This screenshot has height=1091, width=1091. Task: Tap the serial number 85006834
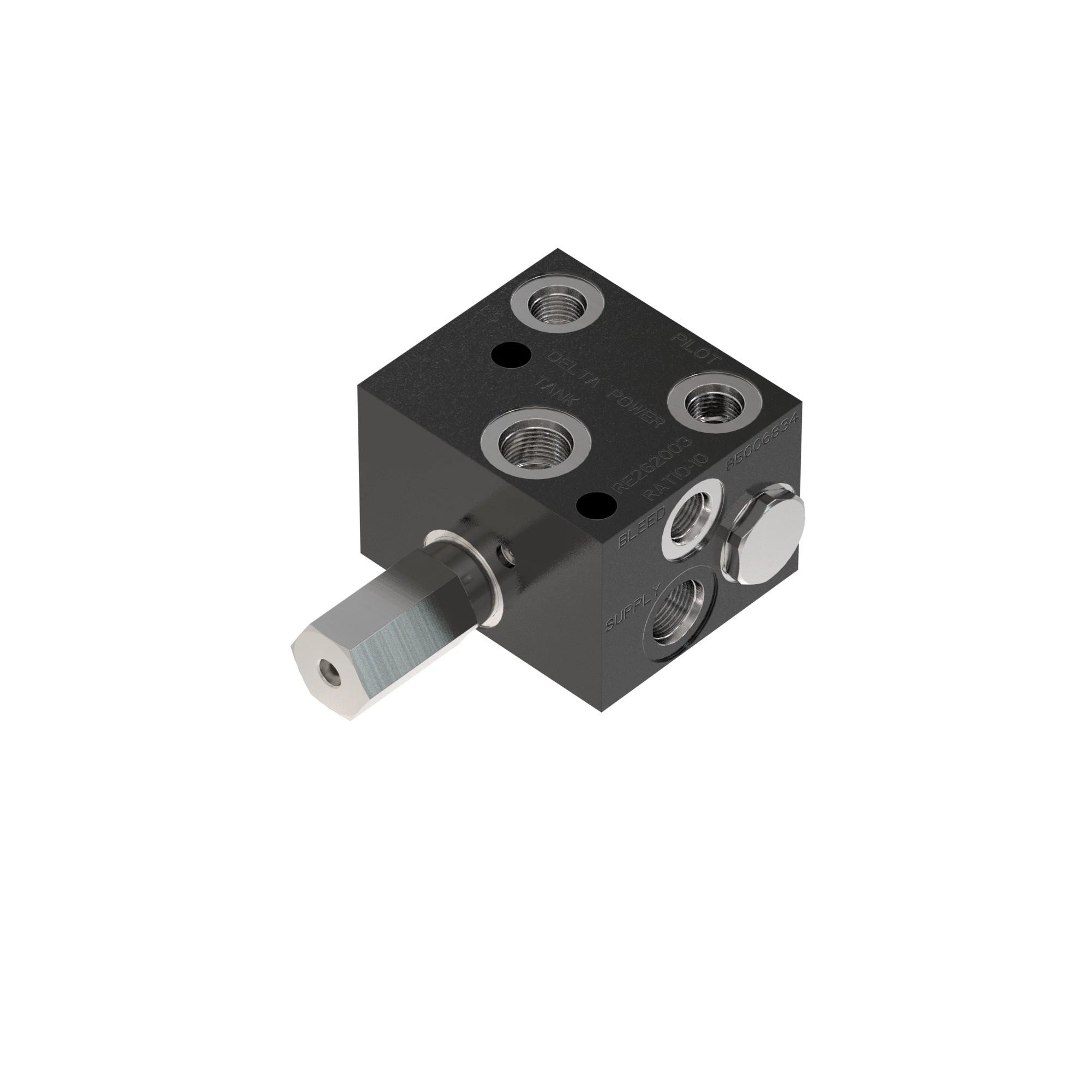tap(763, 442)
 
